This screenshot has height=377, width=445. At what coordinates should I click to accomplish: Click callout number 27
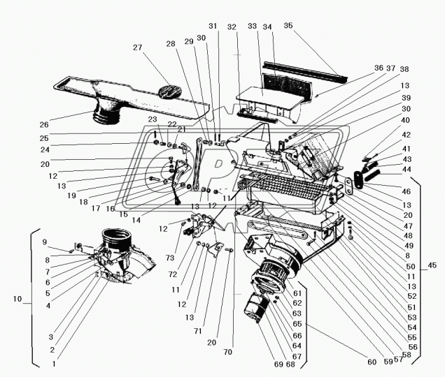coord(137,47)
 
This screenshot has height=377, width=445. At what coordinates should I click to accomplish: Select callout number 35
coord(288,26)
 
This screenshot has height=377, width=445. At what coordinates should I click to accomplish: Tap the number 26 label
coord(44,125)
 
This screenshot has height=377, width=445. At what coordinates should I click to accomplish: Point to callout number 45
coord(432,265)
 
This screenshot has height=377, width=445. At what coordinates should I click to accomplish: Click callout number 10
coord(17,299)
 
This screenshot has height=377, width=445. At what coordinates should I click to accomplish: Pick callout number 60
coord(372,362)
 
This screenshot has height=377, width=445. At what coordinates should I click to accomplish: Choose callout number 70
coord(227,352)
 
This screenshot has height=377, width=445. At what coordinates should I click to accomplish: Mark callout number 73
coord(171,258)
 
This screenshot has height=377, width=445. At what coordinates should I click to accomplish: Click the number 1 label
coord(54,364)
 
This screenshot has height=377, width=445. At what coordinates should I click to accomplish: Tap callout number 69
coord(279,364)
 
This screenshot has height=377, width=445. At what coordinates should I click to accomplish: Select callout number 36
coord(379,68)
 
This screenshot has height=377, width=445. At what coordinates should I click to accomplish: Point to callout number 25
coord(44,138)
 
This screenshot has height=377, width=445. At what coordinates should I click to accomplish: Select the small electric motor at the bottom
coord(255,308)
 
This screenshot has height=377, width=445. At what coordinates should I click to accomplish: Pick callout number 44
coord(407,170)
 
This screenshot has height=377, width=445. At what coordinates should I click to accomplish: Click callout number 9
coord(45,242)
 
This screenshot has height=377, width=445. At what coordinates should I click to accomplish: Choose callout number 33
coord(253,26)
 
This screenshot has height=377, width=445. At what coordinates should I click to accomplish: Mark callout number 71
coord(197,331)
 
